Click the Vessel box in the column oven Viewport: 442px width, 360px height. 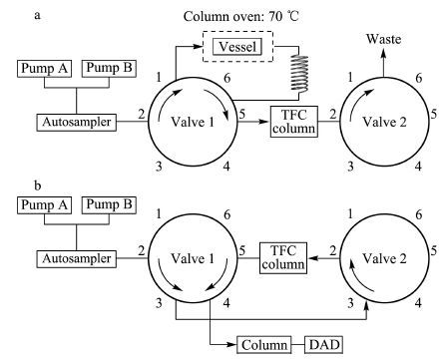pos(237,47)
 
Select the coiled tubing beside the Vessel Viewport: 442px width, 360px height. pos(299,74)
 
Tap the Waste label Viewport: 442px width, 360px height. pos(383,39)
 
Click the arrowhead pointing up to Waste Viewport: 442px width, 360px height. pos(383,53)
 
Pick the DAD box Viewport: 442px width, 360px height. pos(324,345)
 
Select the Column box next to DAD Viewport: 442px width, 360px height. pos(264,345)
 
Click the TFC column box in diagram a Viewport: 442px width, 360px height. pos(294,122)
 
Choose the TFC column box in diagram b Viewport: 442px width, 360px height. pos(283,258)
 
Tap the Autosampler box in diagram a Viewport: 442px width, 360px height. pos(76,122)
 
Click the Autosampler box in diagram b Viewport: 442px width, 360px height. pos(76,258)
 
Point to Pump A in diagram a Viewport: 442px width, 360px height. pos(44,69)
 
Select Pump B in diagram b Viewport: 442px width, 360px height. pos(109,205)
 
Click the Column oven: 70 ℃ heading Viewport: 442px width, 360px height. pos(241,16)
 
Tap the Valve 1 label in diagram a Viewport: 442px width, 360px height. pos(193,122)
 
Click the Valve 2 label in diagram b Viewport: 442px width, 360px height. pos(384,258)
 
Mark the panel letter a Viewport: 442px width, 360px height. pos(38,16)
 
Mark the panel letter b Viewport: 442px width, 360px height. pos(38,185)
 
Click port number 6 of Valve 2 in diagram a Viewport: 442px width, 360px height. pos(419,78)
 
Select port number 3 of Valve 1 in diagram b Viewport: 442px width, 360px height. pos(159,303)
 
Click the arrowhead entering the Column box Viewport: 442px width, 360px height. pos(231,345)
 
